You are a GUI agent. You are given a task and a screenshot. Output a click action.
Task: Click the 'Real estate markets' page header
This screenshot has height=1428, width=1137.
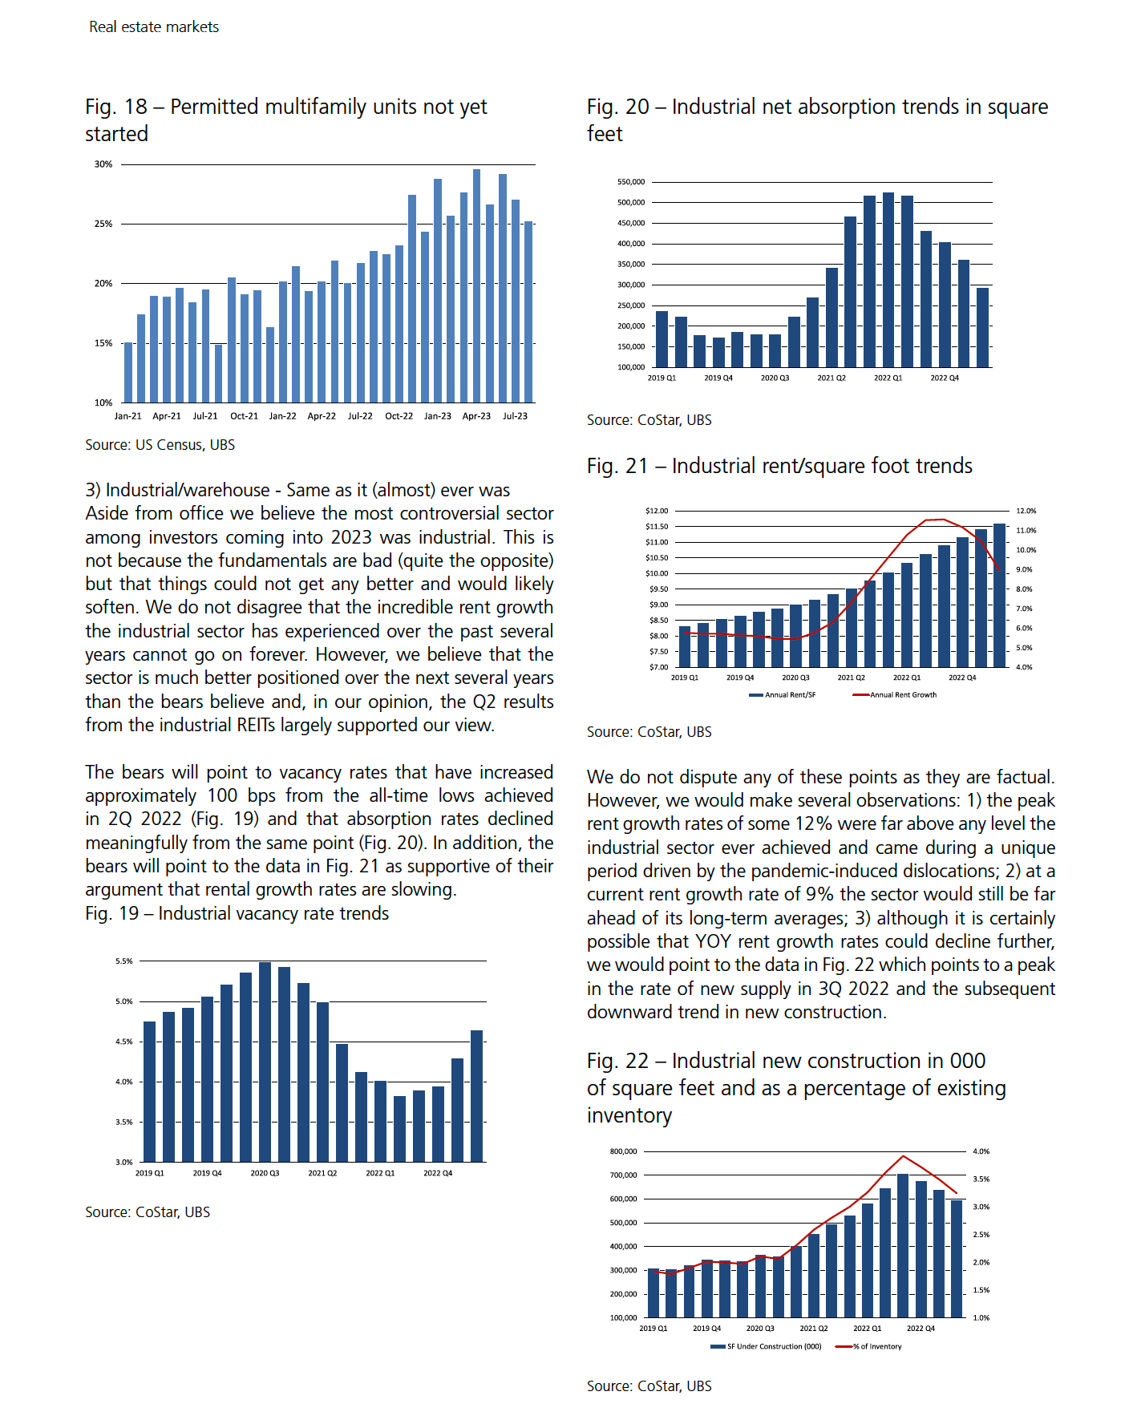pos(154,26)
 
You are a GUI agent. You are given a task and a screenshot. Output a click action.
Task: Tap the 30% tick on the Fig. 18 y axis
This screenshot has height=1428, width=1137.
pos(103,164)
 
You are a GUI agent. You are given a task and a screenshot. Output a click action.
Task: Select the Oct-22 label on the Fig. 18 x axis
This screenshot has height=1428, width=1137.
pos(399,416)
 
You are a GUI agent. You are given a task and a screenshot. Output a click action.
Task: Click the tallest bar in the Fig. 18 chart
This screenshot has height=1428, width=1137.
pos(476,285)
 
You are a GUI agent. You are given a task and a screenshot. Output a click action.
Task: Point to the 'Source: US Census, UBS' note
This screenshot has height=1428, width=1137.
pos(160,445)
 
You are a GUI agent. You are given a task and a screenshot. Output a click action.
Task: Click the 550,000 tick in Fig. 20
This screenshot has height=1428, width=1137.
pos(631,182)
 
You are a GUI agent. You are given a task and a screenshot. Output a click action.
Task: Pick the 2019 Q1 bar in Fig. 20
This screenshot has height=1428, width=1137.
pos(662,339)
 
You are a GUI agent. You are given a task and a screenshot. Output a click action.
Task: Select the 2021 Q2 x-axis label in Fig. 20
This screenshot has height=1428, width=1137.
pos(832,378)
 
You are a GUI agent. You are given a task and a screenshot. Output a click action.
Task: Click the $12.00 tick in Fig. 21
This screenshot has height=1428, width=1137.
pos(657,511)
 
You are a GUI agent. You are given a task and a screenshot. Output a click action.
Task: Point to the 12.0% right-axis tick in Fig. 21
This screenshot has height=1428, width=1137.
pos(1026,511)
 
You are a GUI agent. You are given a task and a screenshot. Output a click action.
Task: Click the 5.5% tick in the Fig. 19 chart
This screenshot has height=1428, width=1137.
pos(124,961)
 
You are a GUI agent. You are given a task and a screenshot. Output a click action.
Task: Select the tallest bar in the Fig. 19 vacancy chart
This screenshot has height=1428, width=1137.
pos(265,1062)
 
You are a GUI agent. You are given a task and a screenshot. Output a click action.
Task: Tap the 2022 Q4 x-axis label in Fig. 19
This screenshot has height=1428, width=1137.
pos(438,1173)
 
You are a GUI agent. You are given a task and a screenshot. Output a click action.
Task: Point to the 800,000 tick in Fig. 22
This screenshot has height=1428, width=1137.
pos(624,1151)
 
